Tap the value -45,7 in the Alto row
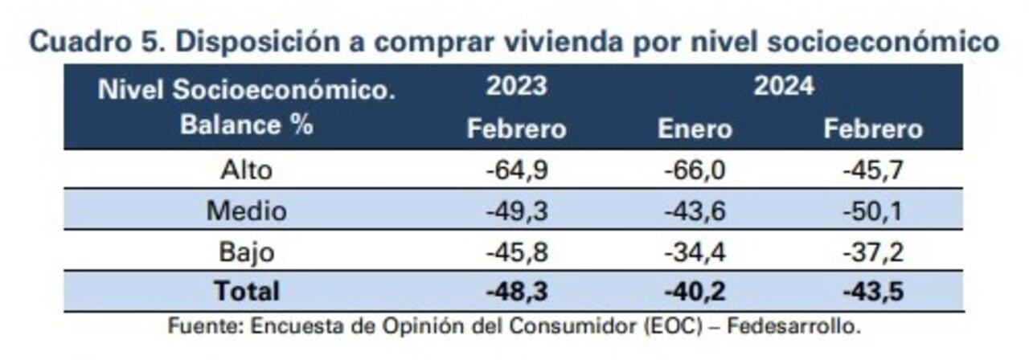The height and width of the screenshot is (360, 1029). (872, 170)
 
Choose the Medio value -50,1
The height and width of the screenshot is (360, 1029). (872, 211)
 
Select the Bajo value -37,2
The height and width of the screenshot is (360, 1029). (872, 252)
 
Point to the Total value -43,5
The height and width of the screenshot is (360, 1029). (872, 292)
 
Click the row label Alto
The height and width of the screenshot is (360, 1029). (246, 170)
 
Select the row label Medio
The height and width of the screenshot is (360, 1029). (246, 211)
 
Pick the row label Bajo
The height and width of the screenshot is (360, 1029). (246, 252)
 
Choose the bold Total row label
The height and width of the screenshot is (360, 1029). (246, 292)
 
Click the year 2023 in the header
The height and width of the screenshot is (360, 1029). (516, 86)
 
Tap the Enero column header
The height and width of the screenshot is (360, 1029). (695, 129)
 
